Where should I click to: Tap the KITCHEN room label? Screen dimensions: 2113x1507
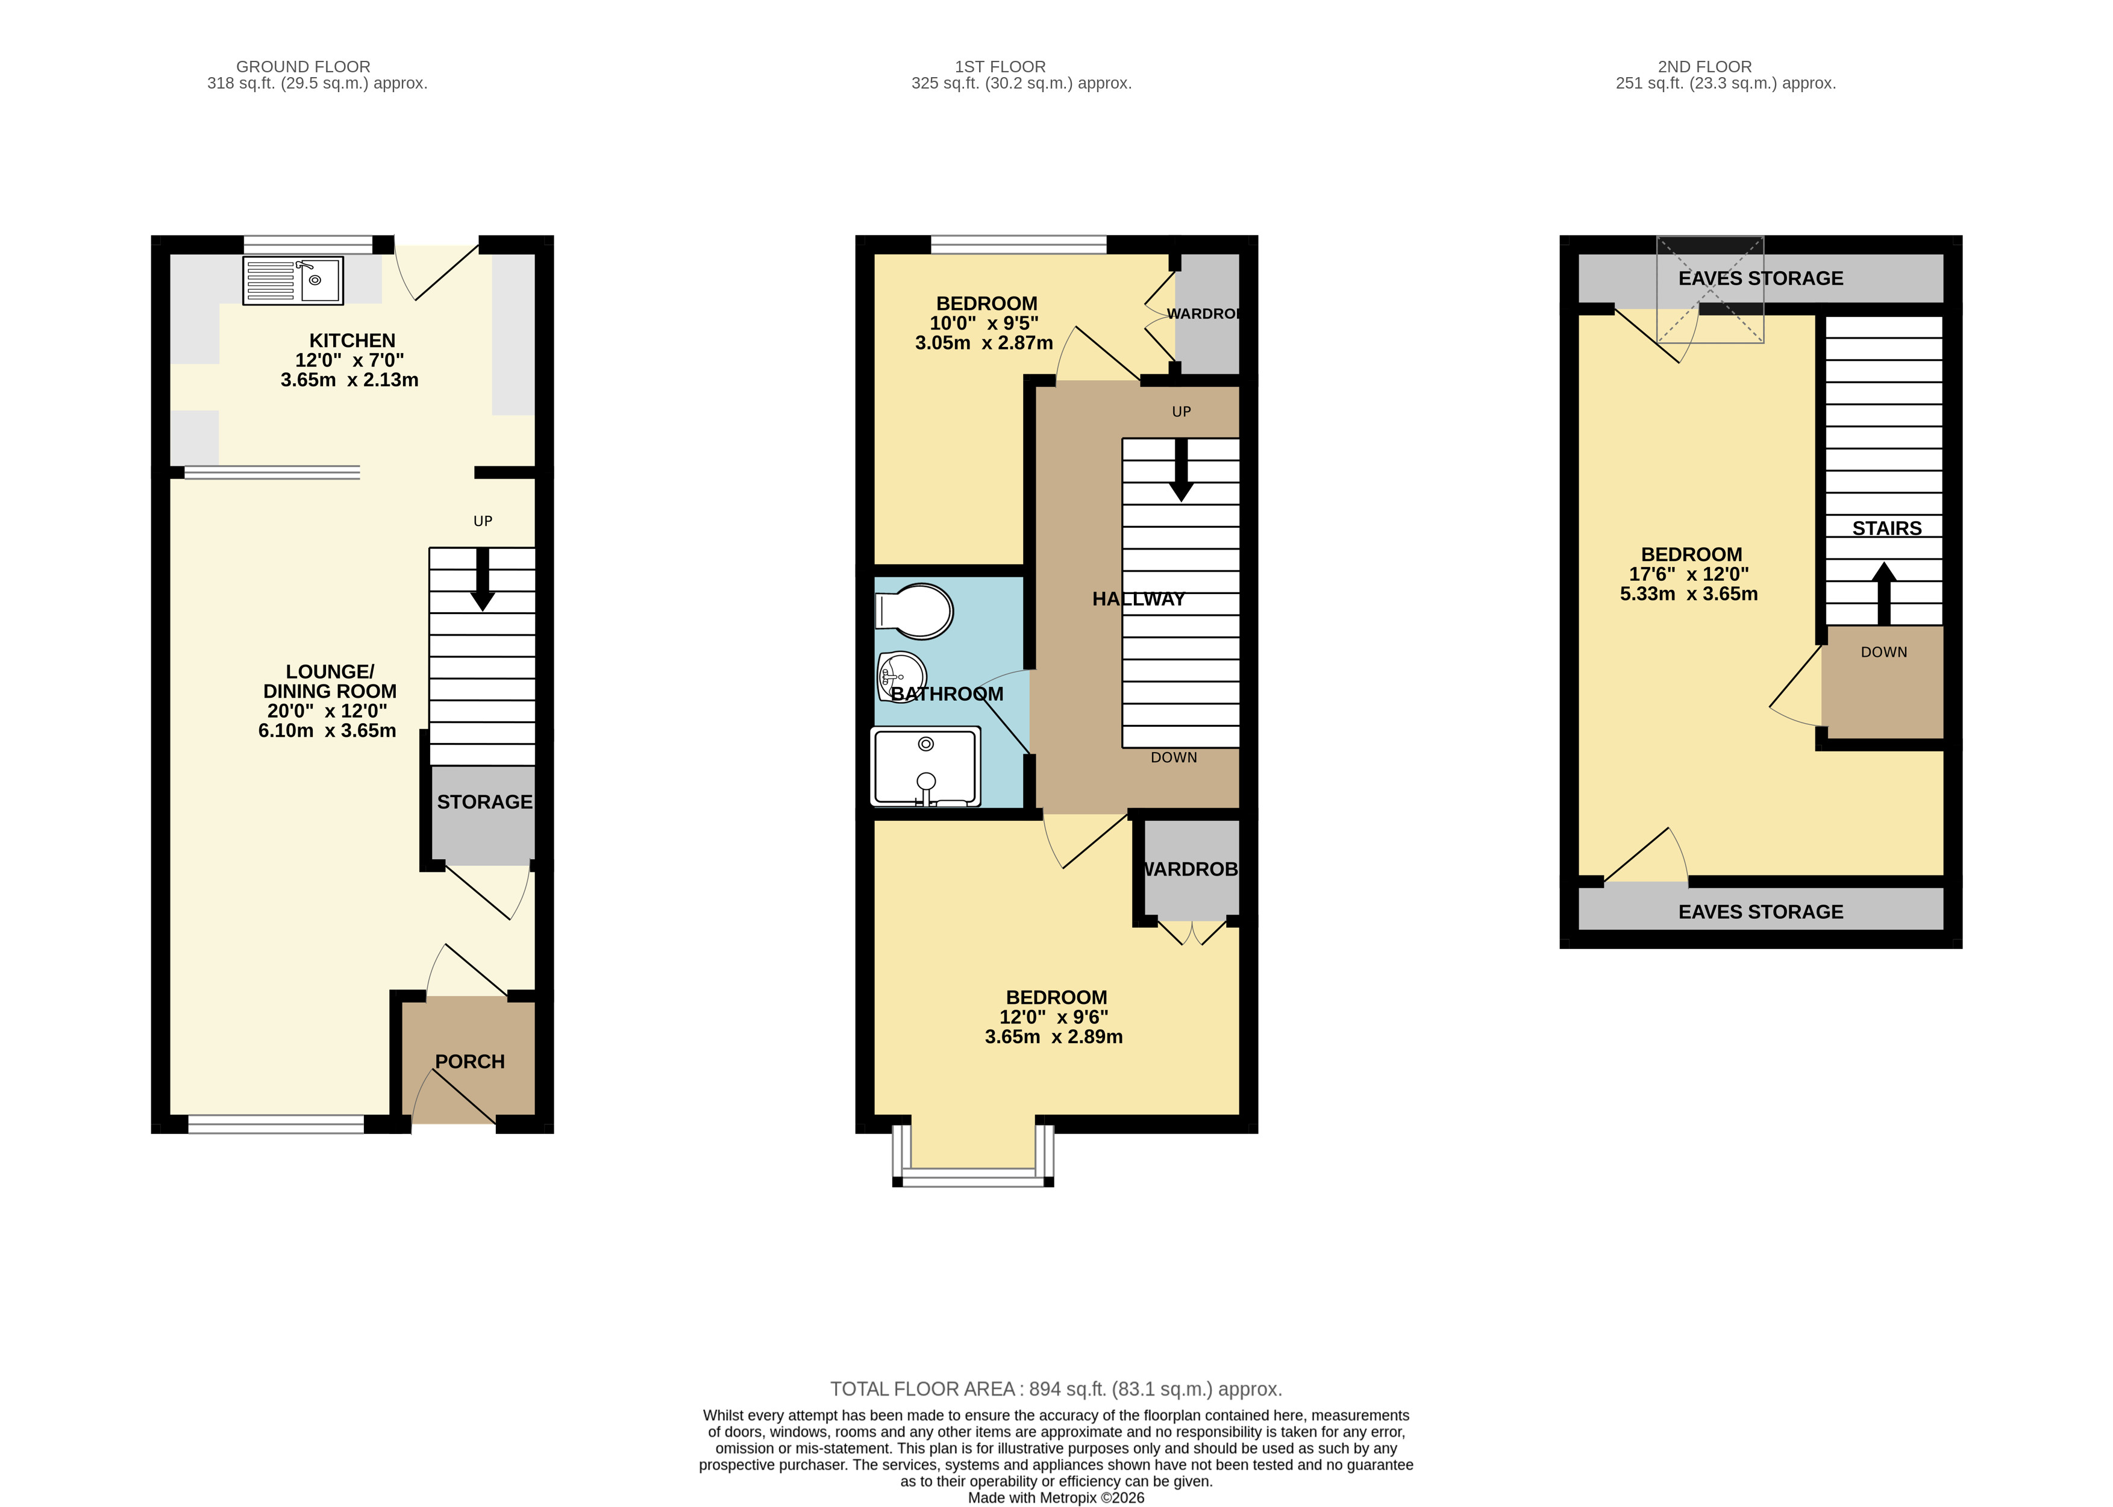point(352,340)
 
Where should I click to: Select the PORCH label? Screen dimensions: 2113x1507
point(469,1062)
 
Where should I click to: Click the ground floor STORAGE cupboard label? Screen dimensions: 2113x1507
point(484,802)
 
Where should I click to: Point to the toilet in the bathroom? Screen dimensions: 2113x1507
point(915,610)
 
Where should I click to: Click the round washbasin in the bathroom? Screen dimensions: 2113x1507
point(901,677)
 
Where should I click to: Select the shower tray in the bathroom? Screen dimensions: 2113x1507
point(925,766)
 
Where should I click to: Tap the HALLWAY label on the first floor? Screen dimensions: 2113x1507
point(1139,600)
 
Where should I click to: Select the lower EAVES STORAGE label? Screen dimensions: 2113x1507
point(1761,912)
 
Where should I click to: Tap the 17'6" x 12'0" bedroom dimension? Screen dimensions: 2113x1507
point(1689,574)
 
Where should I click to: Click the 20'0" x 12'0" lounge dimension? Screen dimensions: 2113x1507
point(328,712)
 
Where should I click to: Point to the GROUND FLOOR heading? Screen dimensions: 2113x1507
point(304,67)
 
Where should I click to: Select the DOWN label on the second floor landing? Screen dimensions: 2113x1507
point(1884,653)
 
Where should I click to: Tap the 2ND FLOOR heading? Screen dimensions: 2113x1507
point(1704,67)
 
